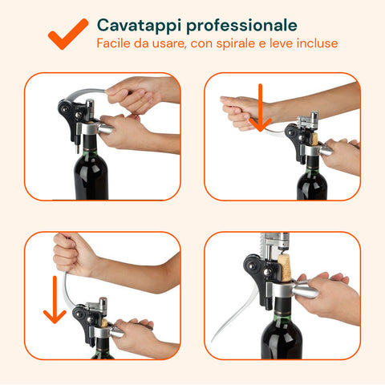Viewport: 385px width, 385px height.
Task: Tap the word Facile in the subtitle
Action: coord(114,43)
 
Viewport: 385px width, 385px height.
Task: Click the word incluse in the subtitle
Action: coord(316,43)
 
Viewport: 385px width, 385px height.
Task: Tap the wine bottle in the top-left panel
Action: coord(91,172)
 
